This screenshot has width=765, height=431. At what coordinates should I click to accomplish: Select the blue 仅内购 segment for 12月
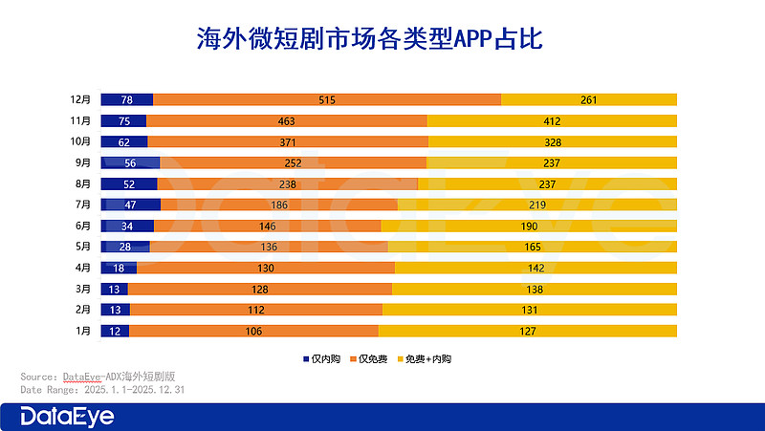coord(126,100)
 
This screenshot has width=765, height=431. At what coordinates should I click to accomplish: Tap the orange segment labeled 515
coord(327,100)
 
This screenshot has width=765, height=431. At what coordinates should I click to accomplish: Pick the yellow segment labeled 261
coord(588,100)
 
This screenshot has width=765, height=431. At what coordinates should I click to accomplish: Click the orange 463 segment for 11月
coord(287,121)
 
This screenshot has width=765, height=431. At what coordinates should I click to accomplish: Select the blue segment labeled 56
coord(131,162)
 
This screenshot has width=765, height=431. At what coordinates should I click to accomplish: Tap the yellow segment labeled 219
coord(536,205)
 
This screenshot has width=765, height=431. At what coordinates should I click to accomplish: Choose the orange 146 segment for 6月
coord(267,226)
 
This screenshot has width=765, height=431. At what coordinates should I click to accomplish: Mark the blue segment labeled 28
coord(125,247)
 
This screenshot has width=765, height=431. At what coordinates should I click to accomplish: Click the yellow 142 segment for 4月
coord(535,268)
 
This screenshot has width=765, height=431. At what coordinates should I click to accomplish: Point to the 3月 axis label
coord(83,289)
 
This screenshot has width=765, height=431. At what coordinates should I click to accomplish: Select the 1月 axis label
coord(83,331)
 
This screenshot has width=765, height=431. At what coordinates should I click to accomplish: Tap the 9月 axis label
coord(83,162)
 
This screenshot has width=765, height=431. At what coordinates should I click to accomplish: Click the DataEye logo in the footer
coord(68,417)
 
